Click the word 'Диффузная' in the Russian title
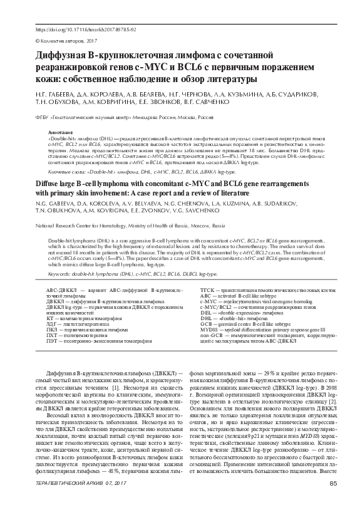pos(63,57)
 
